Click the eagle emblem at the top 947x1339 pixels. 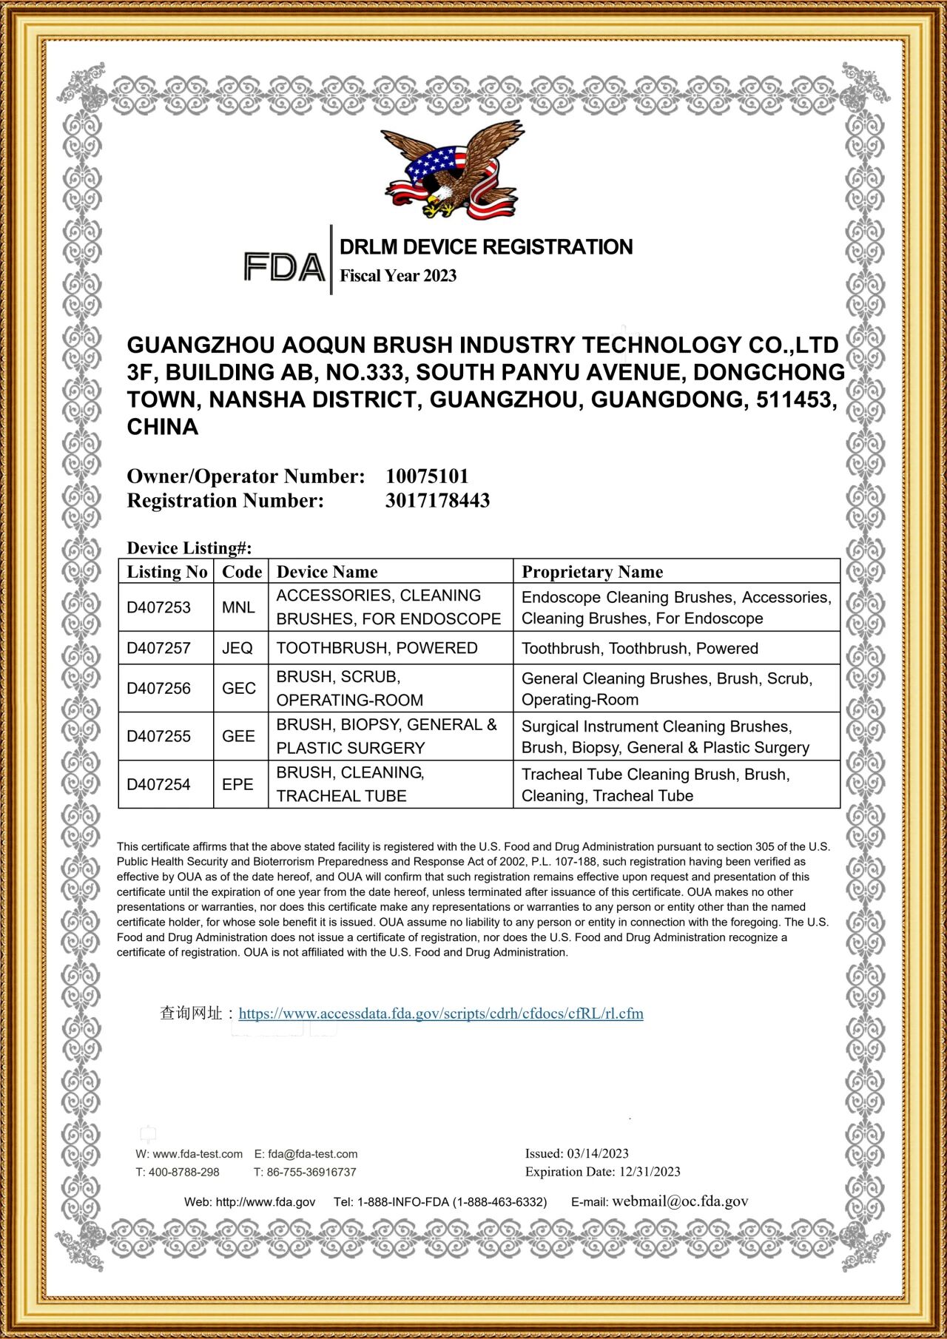tap(451, 171)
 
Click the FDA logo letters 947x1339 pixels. tap(284, 267)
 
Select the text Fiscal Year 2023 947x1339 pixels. tap(398, 276)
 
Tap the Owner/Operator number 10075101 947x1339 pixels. tap(427, 476)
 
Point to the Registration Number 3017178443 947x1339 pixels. tap(437, 501)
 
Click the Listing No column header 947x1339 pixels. tap(166, 572)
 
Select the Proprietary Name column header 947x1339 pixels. tap(592, 572)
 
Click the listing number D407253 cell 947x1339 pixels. tap(158, 607)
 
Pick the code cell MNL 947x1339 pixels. tap(238, 607)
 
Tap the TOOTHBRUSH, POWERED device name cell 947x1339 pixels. tap(377, 648)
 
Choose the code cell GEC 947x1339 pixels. tap(238, 689)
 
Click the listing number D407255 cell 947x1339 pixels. tap(158, 736)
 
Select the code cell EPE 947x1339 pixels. tap(237, 784)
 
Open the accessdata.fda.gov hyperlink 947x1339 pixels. tap(441, 1013)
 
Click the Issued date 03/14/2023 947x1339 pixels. tap(597, 1153)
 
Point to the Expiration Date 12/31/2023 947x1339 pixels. tap(650, 1172)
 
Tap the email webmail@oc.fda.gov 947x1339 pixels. tap(680, 1201)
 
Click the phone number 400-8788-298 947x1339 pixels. tap(183, 1172)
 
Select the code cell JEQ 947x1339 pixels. tap(237, 648)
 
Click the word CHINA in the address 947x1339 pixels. tap(163, 427)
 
